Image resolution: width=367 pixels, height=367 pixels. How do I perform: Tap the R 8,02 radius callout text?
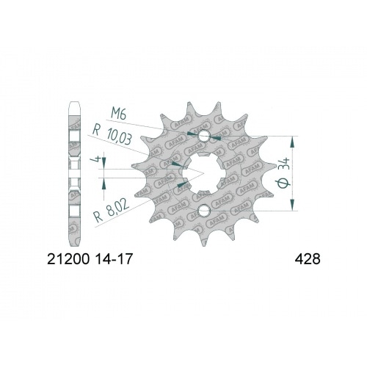(110, 215)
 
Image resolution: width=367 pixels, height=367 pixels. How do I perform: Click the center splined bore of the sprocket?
(200, 174)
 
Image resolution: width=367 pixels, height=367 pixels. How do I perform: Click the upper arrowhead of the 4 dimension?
(104, 167)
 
